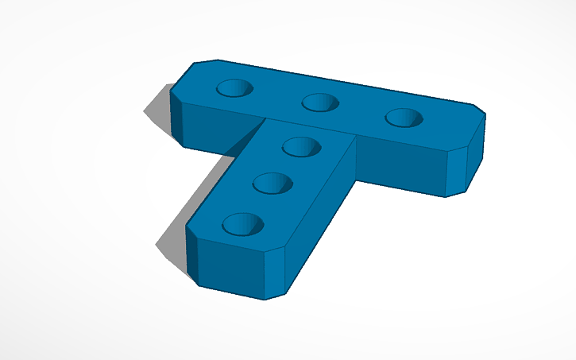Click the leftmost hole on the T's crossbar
click(235, 88)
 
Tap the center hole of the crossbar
click(320, 103)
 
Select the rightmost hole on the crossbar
click(404, 118)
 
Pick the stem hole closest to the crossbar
click(301, 146)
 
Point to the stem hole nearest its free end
click(242, 224)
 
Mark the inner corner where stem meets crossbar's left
click(263, 122)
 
